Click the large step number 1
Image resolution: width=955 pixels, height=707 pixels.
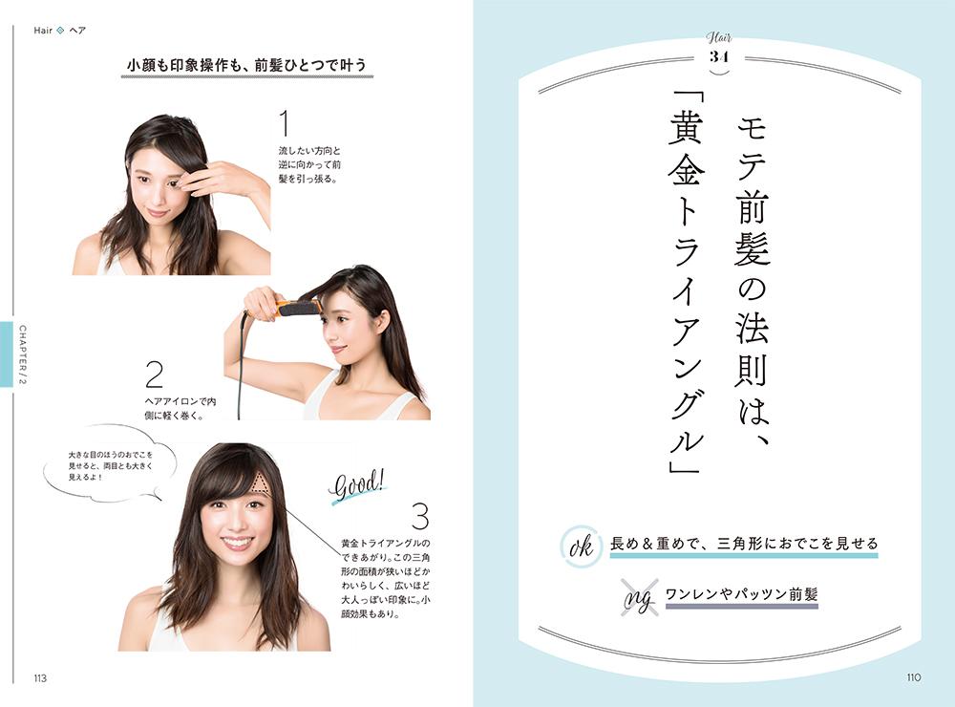(285, 123)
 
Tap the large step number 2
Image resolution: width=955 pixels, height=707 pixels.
(155, 375)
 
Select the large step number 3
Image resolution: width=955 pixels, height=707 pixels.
(420, 516)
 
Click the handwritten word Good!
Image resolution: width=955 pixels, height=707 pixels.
(358, 485)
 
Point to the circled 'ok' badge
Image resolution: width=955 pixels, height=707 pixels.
(580, 546)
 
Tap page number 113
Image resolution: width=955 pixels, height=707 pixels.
(40, 678)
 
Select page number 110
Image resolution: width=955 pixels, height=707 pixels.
(914, 677)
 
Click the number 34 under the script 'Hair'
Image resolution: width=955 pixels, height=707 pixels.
(719, 57)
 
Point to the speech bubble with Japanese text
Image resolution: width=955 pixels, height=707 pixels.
(110, 464)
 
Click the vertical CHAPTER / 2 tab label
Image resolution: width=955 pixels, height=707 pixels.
(23, 354)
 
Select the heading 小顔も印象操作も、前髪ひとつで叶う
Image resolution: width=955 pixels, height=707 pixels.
(246, 65)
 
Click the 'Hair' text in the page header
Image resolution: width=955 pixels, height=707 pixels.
(43, 31)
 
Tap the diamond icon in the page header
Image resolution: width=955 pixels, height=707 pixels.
(60, 31)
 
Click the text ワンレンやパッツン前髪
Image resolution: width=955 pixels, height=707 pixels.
(741, 593)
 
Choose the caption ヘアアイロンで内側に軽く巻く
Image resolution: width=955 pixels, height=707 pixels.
(180, 408)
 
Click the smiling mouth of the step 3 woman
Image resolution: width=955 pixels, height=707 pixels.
(236, 542)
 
